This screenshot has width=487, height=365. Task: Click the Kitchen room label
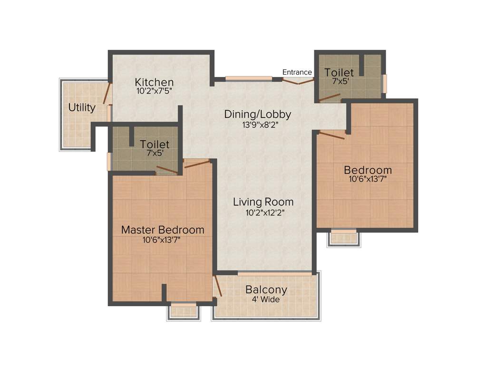pyautogui.click(x=154, y=82)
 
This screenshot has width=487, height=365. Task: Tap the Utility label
pyautogui.click(x=82, y=107)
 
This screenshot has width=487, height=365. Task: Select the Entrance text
pyautogui.click(x=297, y=72)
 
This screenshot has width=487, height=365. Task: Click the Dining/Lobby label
pyautogui.click(x=257, y=114)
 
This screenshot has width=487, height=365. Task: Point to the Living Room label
pyautogui.click(x=263, y=202)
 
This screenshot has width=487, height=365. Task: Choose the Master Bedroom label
pyautogui.click(x=163, y=230)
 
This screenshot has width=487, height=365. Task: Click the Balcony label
pyautogui.click(x=266, y=290)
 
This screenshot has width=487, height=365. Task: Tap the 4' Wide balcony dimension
pyautogui.click(x=266, y=299)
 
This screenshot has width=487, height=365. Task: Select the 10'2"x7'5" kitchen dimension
pyautogui.click(x=154, y=91)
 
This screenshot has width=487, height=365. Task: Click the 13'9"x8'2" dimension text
pyautogui.click(x=258, y=125)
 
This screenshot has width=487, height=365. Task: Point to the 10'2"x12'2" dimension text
pyautogui.click(x=263, y=212)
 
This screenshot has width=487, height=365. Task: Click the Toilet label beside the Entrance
pyautogui.click(x=339, y=72)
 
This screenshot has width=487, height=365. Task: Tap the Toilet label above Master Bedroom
pyautogui.click(x=155, y=144)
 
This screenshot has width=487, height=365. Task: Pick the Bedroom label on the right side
pyautogui.click(x=368, y=170)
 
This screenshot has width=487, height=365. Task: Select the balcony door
pyautogui.click(x=218, y=286)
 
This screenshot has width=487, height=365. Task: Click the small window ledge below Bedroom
pyautogui.click(x=343, y=237)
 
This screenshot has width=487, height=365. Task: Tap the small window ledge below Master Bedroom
pyautogui.click(x=183, y=310)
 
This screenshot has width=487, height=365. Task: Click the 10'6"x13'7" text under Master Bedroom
pyautogui.click(x=161, y=240)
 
